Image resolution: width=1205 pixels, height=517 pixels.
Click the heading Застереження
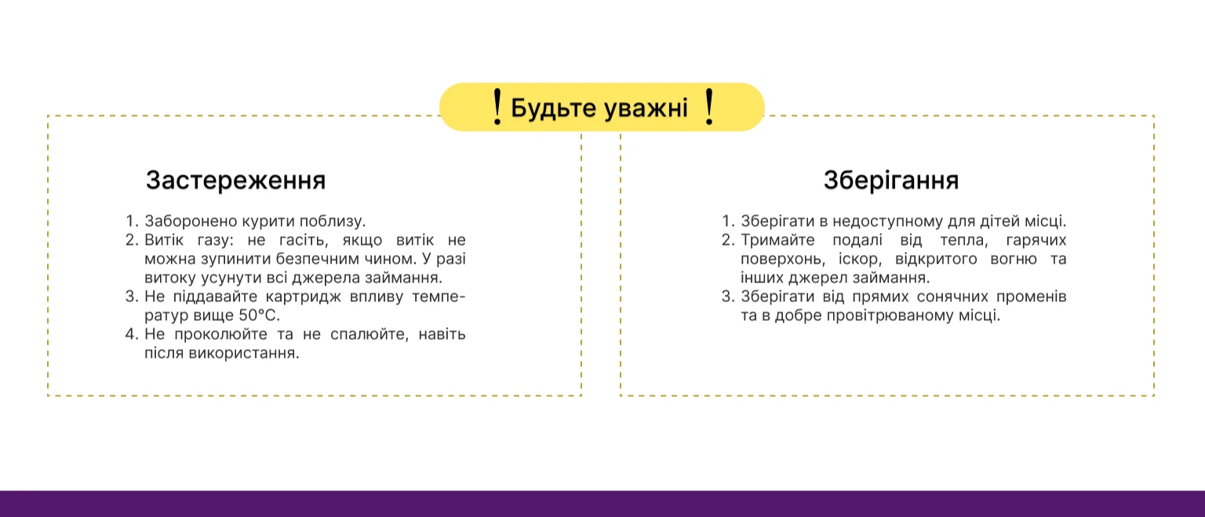point(235,180)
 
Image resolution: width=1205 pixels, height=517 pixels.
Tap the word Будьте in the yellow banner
point(554,108)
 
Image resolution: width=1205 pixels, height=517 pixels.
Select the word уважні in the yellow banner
point(646,108)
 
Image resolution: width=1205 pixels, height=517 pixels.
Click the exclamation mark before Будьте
point(497,107)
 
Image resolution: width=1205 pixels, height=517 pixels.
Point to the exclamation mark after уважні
point(709,107)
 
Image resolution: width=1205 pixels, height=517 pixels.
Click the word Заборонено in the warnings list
point(191,221)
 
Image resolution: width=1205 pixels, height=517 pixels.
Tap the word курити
point(268,221)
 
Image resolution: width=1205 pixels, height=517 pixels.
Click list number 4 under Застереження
point(132,335)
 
